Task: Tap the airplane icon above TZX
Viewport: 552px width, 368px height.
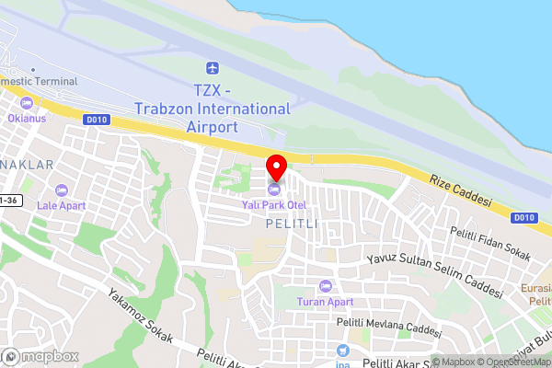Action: (213, 69)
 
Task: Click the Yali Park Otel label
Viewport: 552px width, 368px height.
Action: (273, 204)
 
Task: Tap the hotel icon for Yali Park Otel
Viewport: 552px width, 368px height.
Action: (273, 190)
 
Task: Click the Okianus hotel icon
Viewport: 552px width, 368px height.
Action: (27, 102)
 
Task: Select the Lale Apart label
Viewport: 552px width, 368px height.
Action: (62, 205)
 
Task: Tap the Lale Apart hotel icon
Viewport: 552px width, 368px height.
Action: (62, 190)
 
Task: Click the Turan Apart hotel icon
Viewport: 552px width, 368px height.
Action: (324, 286)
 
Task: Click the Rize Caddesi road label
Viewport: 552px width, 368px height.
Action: (464, 190)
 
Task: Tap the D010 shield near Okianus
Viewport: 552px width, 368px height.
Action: (95, 119)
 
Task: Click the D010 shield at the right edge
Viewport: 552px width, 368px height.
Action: (523, 217)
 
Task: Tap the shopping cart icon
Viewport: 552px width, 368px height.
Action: (343, 351)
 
